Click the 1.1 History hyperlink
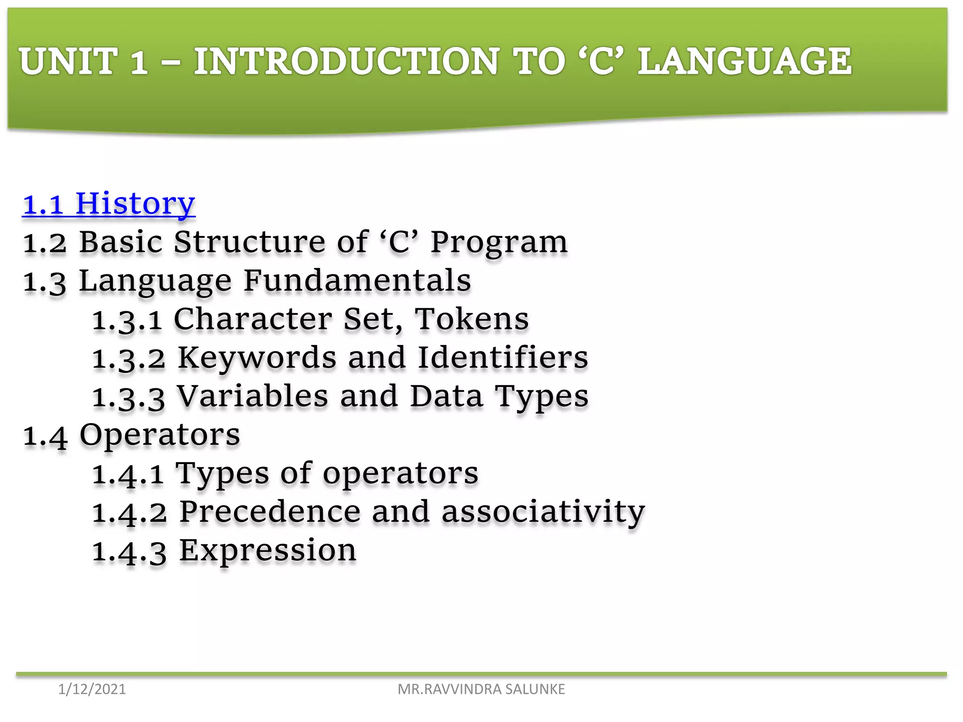point(109,204)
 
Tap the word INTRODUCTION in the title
point(347,61)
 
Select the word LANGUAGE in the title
point(744,61)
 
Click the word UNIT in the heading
point(68,61)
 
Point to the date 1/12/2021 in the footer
point(92,689)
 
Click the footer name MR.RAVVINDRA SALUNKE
point(481,689)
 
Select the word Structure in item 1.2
point(249,243)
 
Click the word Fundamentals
point(357,281)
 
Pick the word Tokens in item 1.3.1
point(472,320)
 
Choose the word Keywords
point(257,358)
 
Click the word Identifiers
point(503,358)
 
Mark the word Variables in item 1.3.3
point(252,396)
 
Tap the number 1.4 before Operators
point(45,436)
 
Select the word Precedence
point(270,512)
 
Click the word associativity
point(543,512)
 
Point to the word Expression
point(268,551)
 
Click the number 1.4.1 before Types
point(128,474)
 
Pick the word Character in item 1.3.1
point(253,320)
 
